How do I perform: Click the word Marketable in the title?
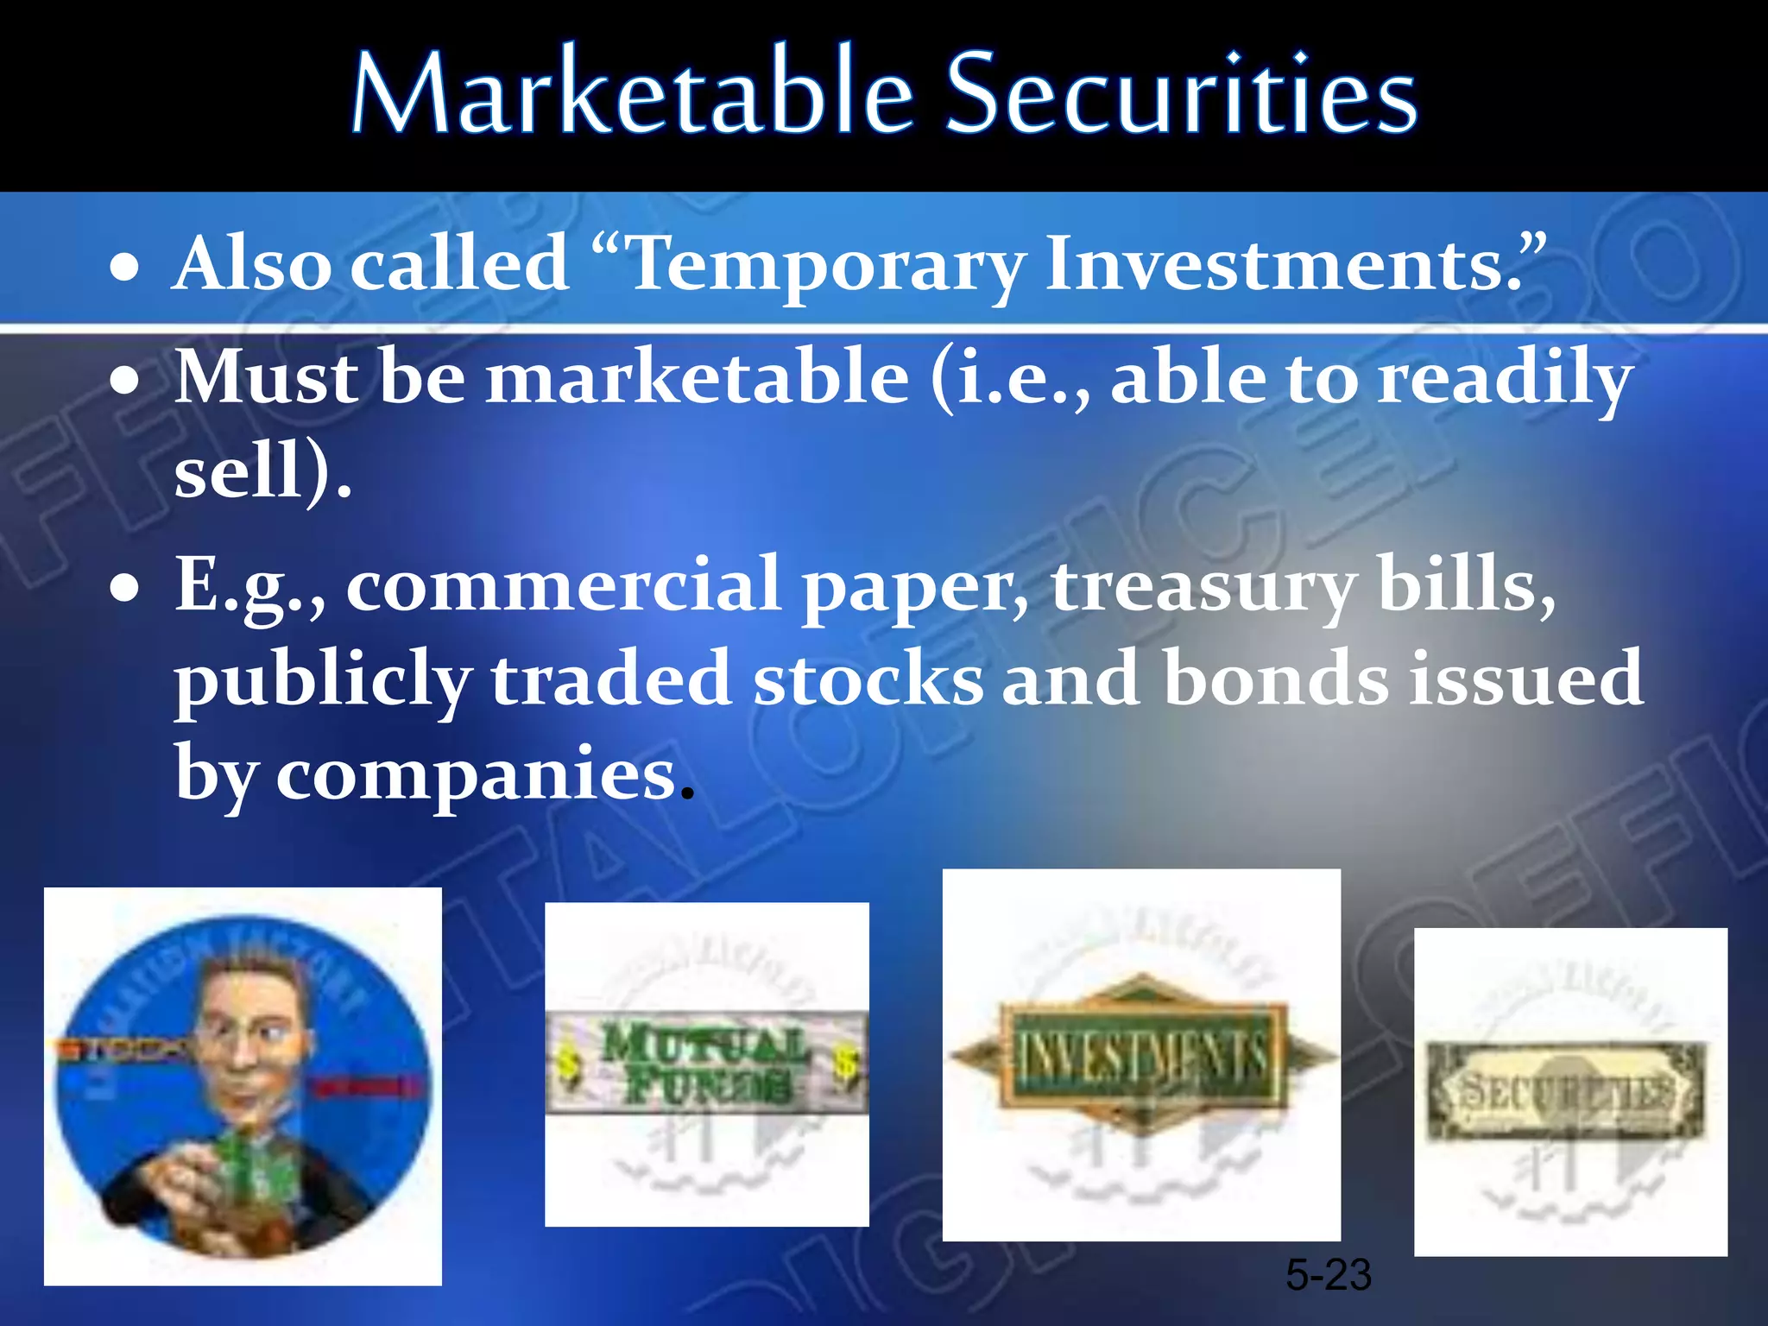[x=630, y=93]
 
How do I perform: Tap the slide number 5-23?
[x=1328, y=1275]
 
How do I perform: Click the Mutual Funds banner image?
[x=706, y=1064]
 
